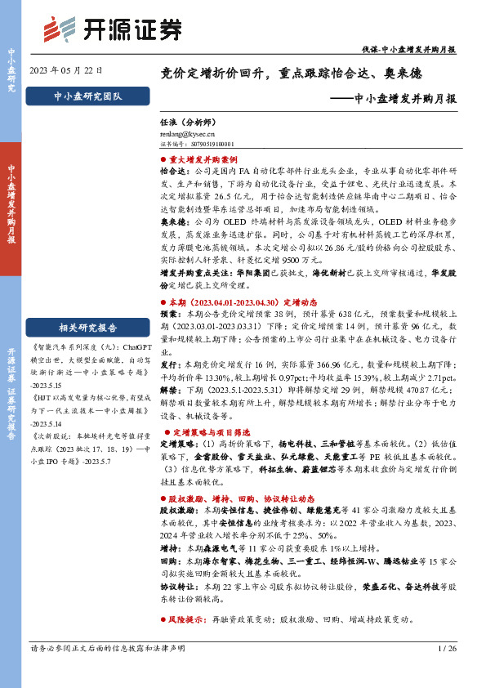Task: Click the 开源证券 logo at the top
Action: [113, 30]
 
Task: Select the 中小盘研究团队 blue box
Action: [87, 96]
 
